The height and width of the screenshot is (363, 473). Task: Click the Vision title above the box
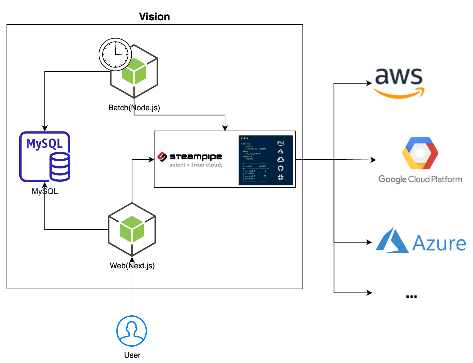[155, 17]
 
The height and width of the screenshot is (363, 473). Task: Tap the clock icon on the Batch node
[115, 54]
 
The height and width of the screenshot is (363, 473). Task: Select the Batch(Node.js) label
[134, 108]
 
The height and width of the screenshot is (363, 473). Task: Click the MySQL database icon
[45, 156]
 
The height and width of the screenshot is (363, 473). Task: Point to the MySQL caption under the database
[45, 191]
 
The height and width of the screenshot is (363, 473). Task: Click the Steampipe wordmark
[195, 157]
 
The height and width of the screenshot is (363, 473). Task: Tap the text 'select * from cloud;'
[196, 165]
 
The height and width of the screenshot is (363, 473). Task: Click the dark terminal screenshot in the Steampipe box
[266, 160]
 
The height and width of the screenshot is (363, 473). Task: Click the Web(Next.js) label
[132, 266]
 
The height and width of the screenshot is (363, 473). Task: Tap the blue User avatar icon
[132, 331]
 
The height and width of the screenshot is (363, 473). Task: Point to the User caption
[132, 355]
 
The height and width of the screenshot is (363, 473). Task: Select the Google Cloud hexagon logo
[420, 153]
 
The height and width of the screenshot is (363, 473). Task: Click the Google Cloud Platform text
[420, 179]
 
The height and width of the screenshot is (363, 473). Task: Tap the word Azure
[439, 244]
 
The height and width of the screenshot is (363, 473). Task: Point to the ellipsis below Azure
[411, 296]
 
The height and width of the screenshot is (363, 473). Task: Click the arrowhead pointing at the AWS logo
[369, 83]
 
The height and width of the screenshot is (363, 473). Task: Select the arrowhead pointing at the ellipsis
[369, 293]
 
